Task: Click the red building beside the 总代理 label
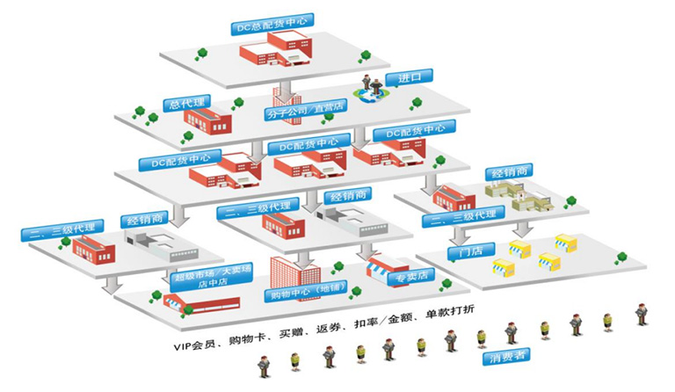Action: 208,120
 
